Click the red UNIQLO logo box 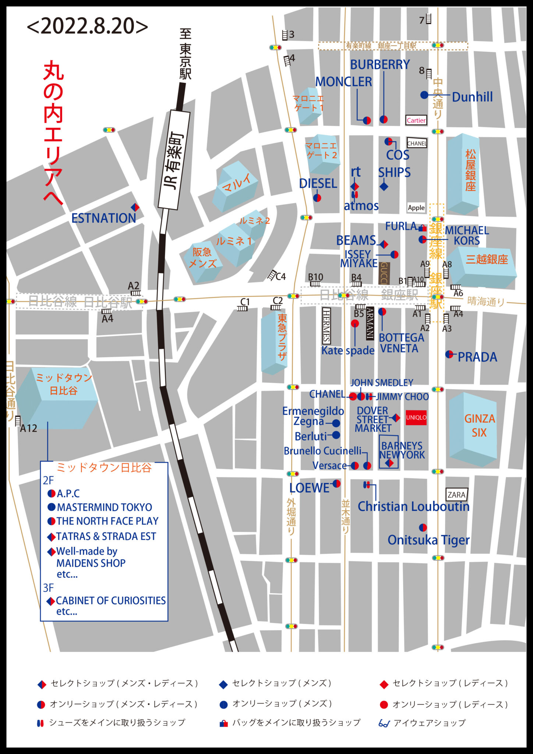[x=416, y=417]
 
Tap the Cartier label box [x=416, y=120]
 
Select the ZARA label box [x=456, y=495]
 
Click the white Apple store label [x=416, y=208]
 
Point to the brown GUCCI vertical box [x=384, y=273]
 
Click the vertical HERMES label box [x=326, y=326]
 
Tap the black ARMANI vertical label [x=370, y=323]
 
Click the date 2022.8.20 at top [x=88, y=27]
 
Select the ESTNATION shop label [x=103, y=218]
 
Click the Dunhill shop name [x=472, y=97]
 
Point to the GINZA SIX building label [x=479, y=426]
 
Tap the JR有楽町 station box [x=174, y=160]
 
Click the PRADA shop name [x=477, y=357]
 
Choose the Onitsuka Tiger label [x=428, y=540]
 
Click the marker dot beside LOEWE [x=336, y=483]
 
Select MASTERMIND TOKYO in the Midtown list [x=104, y=507]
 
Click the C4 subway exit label [x=280, y=276]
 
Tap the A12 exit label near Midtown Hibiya [x=28, y=428]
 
